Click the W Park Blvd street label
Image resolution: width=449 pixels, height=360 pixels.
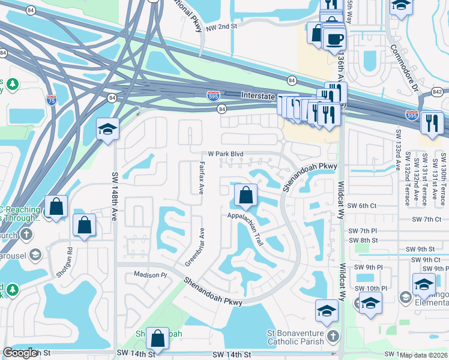pos(226,154)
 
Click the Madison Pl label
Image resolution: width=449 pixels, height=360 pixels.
pos(149,274)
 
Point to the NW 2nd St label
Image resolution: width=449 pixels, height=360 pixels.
pos(222,26)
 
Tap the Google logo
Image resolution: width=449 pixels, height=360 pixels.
pos(20,353)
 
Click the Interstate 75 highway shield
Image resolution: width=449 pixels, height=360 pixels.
pos(52,100)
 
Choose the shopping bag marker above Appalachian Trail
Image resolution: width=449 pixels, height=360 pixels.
pos(246,195)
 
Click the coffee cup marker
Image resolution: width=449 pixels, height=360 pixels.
pos(334,40)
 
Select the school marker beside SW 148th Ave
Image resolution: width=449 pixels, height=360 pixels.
pos(107,129)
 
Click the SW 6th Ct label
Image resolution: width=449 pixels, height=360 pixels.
pos(365,205)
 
